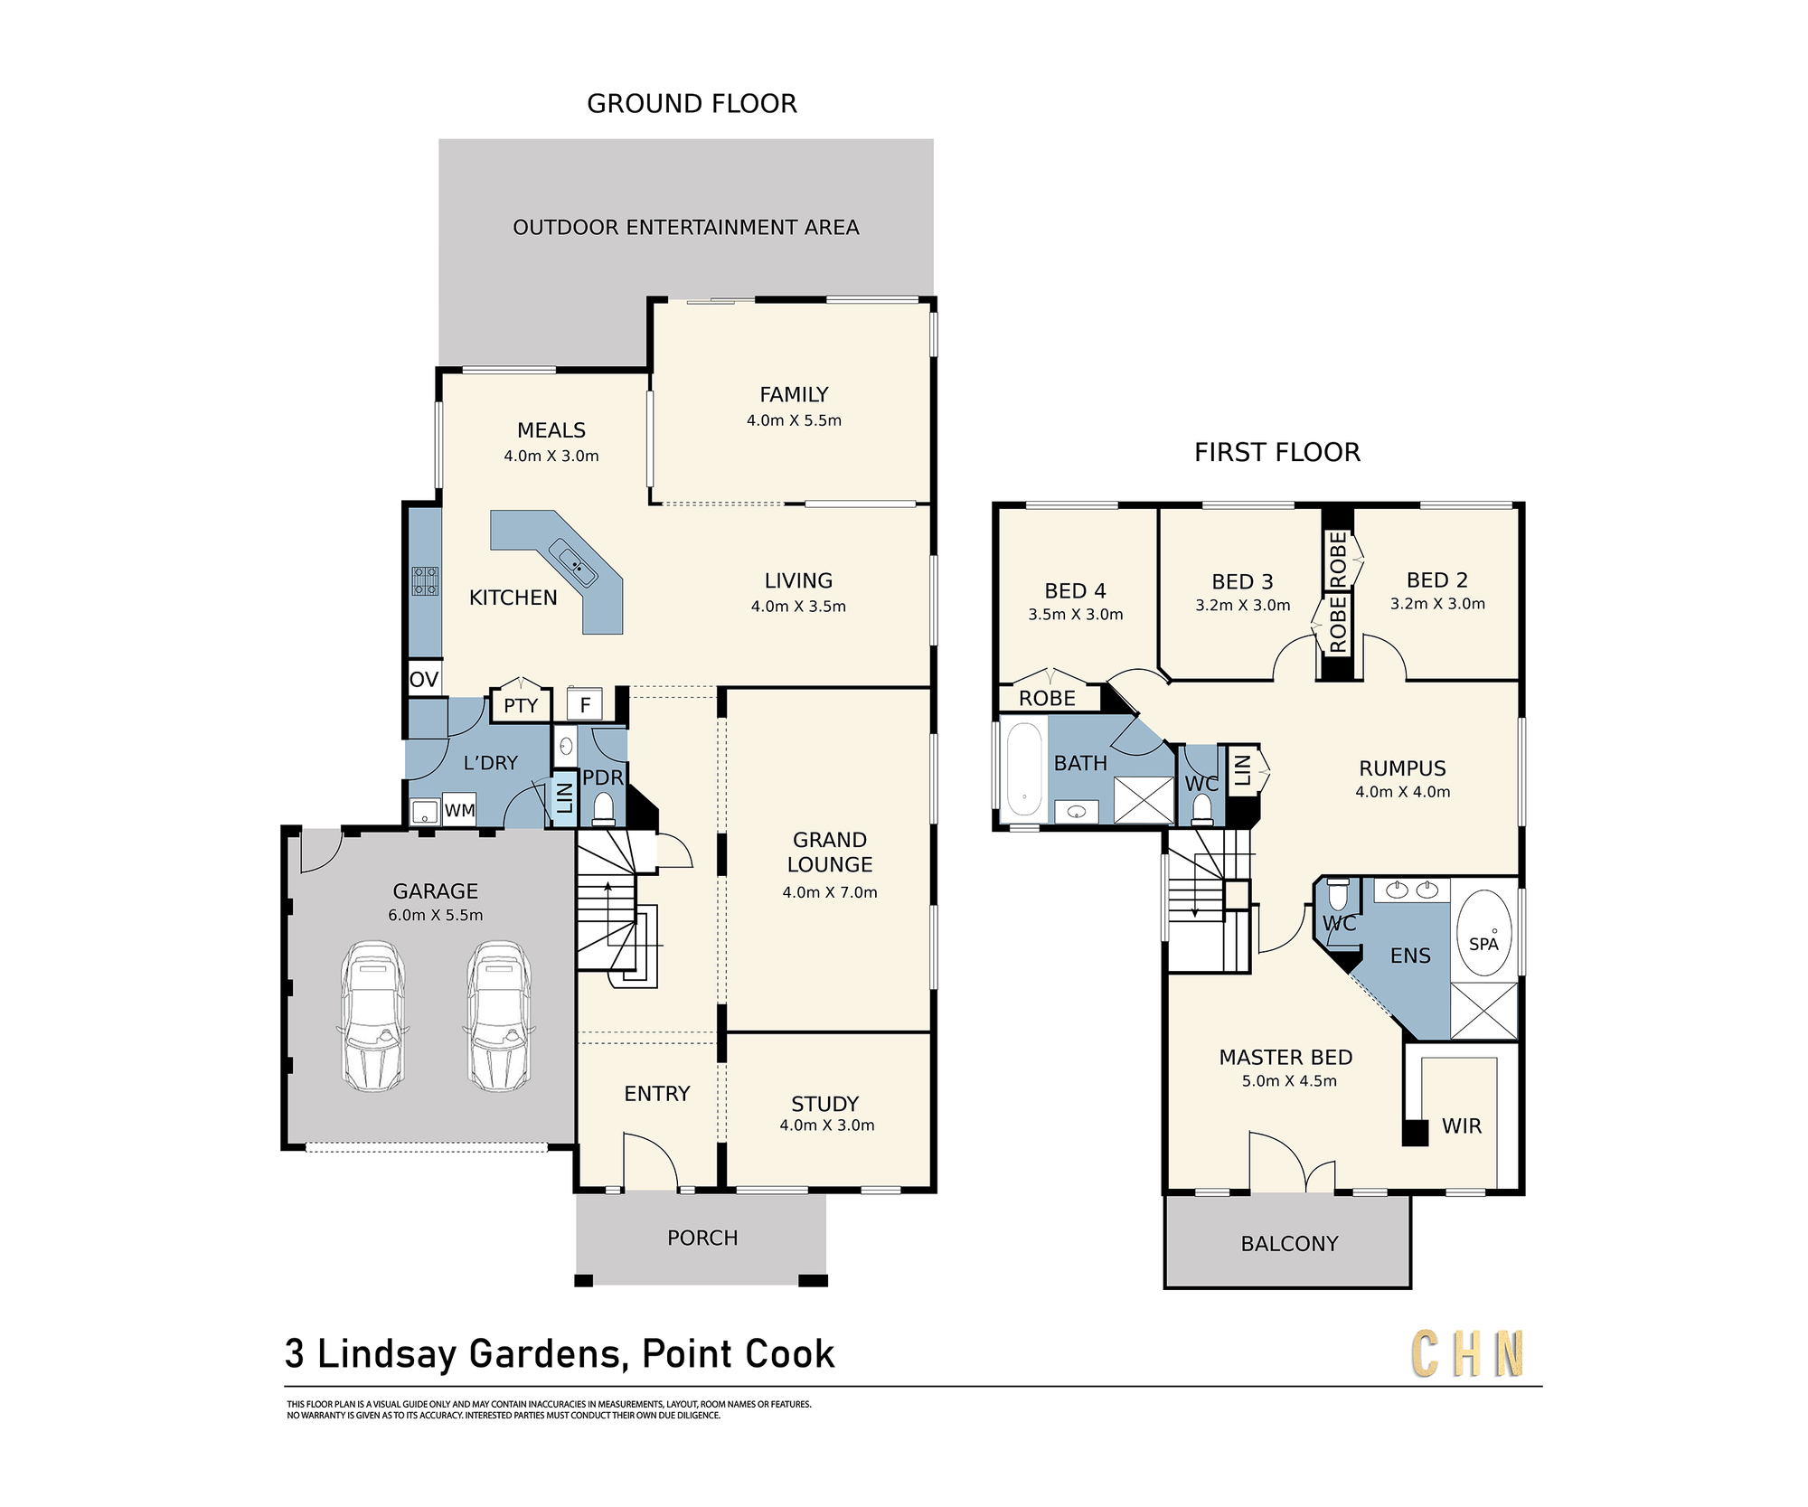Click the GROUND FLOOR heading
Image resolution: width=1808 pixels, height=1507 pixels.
point(692,104)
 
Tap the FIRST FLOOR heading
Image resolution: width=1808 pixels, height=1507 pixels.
point(1277,452)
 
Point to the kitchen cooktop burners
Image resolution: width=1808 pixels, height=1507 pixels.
point(425,580)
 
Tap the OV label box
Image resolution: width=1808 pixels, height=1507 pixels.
point(424,679)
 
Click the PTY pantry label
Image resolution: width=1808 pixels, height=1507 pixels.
point(521,706)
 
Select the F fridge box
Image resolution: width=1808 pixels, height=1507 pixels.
point(585,704)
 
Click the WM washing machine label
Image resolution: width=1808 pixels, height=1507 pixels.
point(460,811)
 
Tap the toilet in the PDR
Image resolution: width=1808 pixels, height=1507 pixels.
point(603,808)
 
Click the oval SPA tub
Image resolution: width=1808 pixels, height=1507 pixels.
point(1484,933)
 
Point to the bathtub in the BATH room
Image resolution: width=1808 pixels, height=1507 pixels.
point(1024,768)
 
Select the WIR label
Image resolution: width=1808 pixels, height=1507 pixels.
point(1462,1126)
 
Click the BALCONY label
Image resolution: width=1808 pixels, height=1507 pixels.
point(1289,1244)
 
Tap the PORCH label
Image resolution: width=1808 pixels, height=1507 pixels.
point(702,1238)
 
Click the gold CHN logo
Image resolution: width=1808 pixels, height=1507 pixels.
point(1467,1353)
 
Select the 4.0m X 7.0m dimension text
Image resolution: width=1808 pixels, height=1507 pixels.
point(830,892)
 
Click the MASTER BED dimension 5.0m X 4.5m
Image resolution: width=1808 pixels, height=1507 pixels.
point(1289,1081)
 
